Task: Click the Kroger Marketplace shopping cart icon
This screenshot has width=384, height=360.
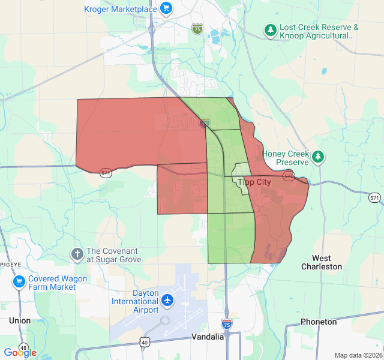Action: (167, 8)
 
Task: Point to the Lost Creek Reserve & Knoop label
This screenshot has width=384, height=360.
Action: (319, 31)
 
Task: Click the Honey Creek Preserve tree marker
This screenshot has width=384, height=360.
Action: (318, 158)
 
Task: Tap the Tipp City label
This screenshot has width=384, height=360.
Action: (254, 182)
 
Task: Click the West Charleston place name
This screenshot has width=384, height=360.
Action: (322, 262)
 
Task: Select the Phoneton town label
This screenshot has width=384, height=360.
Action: (319, 322)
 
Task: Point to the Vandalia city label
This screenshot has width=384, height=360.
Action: (208, 337)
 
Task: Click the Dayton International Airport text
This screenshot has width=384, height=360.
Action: (137, 301)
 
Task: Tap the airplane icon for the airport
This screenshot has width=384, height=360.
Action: (167, 299)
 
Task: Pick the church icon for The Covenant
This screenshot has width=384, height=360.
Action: (77, 254)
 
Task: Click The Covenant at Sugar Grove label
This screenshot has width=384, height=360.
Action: (114, 255)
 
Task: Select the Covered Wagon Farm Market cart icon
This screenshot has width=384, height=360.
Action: (19, 280)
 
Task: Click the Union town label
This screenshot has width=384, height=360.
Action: (20, 320)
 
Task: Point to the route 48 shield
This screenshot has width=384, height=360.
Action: (23, 347)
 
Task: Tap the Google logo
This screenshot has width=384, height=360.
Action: (20, 353)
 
